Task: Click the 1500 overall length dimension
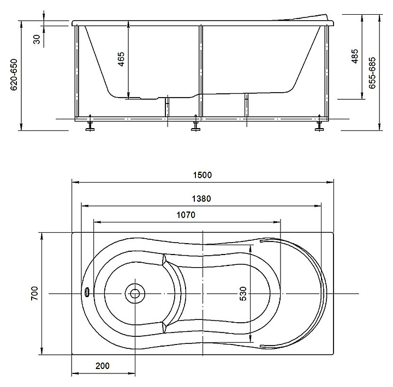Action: click(203, 175)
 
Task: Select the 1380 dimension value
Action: click(201, 199)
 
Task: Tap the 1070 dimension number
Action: click(186, 215)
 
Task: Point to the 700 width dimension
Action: click(34, 293)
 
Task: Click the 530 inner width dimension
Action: click(243, 294)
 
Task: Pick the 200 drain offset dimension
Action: click(103, 366)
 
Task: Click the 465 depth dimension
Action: click(121, 59)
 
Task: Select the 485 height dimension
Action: click(355, 56)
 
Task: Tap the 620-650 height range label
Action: click(14, 75)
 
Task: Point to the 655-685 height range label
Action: click(372, 73)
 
